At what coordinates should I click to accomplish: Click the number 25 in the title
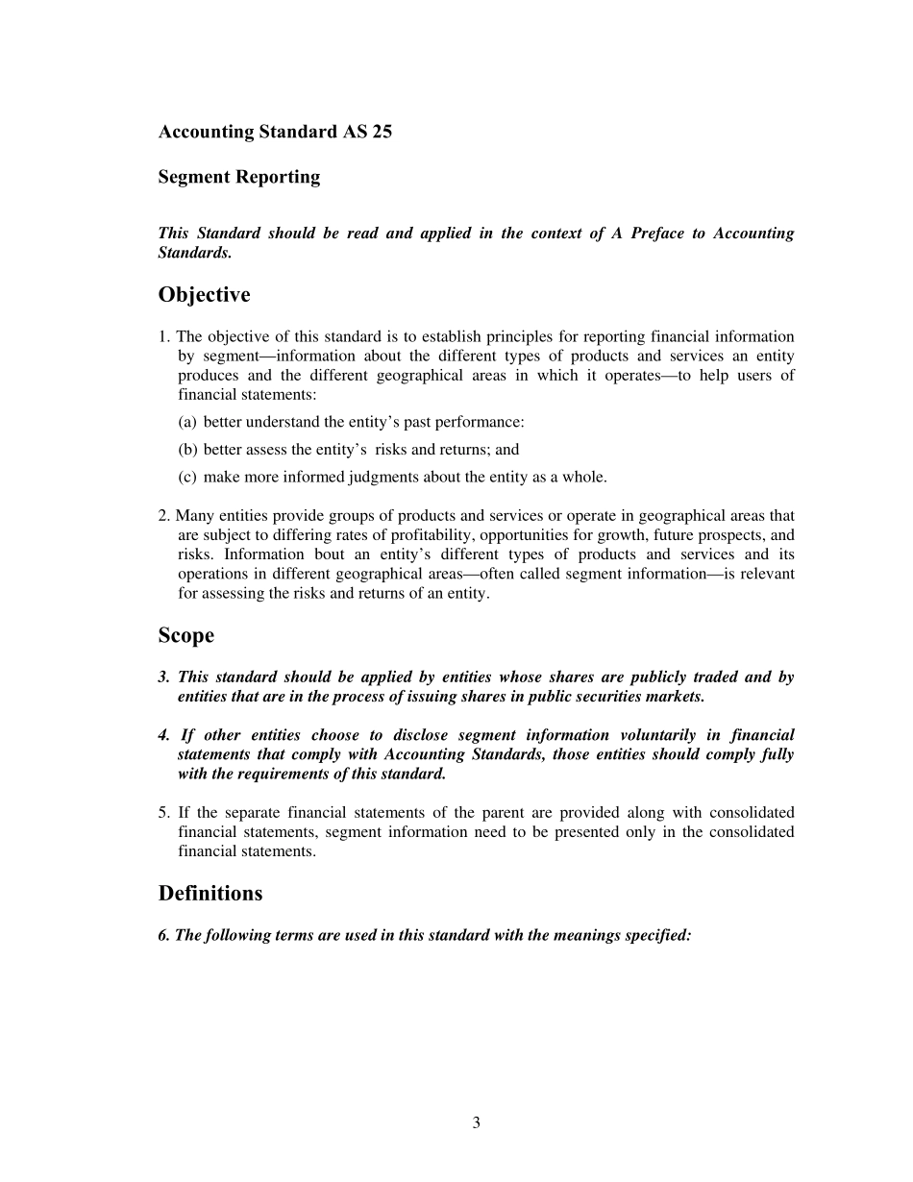point(382,133)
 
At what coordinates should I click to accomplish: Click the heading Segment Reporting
point(239,177)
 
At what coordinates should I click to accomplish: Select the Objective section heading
point(204,294)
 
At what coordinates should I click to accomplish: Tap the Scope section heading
point(186,636)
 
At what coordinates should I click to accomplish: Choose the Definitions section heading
point(210,894)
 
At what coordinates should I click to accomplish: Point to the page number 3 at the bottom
point(476,1122)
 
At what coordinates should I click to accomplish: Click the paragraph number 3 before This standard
point(163,677)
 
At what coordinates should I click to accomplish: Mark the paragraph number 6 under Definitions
point(163,935)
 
